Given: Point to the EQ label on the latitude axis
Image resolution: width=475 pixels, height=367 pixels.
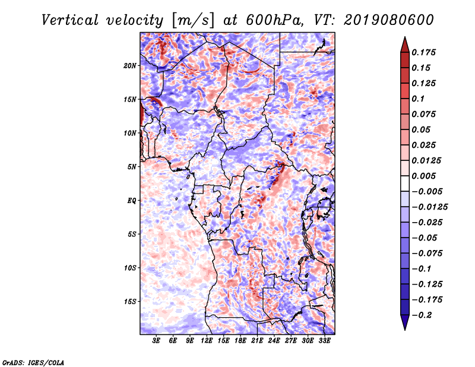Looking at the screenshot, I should click(x=132, y=201).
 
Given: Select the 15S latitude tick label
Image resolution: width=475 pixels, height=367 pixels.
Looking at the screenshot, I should click(x=131, y=302).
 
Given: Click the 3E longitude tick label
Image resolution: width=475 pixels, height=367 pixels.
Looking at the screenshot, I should click(x=156, y=341).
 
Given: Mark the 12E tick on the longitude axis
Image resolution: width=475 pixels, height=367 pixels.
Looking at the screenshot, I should click(x=207, y=341).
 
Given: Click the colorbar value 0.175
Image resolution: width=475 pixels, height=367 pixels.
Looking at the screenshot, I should click(x=425, y=53).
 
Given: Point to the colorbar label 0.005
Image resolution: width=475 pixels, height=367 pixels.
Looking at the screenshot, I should click(x=425, y=176).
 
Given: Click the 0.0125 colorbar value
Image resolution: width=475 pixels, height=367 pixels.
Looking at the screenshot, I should click(x=427, y=160).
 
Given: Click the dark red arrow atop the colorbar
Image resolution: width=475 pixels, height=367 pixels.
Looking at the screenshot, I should click(x=404, y=43).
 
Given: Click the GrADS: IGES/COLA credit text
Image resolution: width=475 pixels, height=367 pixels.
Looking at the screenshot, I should click(x=33, y=362).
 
